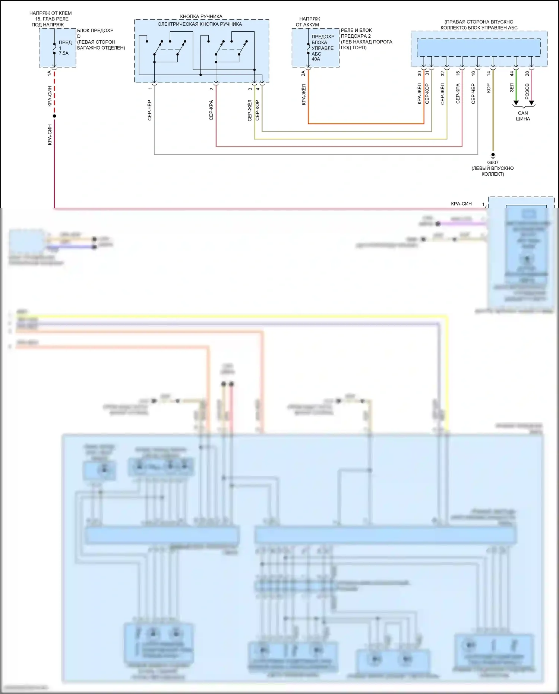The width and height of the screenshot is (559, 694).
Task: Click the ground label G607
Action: (493, 163)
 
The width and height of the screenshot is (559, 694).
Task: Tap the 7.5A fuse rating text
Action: (64, 53)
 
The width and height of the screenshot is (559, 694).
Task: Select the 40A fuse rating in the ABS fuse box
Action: (316, 59)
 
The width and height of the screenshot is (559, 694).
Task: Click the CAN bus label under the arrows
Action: (523, 116)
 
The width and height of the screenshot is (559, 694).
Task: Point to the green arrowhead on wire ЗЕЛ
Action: (516, 103)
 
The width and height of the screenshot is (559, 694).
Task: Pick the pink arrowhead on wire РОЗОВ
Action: (531, 103)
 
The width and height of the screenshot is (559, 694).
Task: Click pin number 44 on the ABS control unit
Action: (512, 74)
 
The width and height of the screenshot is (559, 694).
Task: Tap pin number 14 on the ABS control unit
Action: (489, 74)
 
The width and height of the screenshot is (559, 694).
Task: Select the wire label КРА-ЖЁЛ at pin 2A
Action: (304, 94)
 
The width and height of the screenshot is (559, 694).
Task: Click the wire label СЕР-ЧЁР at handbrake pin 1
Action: (150, 110)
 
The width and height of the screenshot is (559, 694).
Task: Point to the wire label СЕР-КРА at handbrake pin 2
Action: (211, 110)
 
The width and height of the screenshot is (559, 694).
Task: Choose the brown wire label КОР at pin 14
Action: (489, 88)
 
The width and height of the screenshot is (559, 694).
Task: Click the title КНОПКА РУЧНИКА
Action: (201, 16)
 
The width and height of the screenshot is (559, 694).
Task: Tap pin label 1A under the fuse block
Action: (49, 73)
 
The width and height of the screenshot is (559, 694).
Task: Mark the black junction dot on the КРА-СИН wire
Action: (54, 116)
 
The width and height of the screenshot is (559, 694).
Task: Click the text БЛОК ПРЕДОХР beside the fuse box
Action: (95, 30)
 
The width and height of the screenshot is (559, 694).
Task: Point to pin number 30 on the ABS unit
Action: (420, 74)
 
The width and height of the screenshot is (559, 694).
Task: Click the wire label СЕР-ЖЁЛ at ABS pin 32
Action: (443, 94)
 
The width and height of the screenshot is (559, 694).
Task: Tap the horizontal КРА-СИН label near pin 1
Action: (461, 204)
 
